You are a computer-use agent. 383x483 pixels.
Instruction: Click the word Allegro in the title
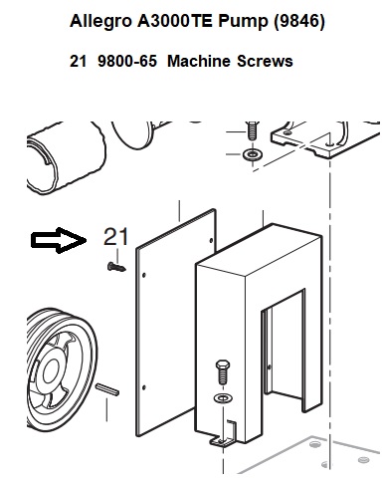pyautogui.click(x=100, y=22)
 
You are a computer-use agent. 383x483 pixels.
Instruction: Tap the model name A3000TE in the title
pyautogui.click(x=175, y=21)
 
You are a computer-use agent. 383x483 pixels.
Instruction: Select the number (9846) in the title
pyautogui.click(x=299, y=22)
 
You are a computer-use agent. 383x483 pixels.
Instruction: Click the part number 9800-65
pyautogui.click(x=127, y=61)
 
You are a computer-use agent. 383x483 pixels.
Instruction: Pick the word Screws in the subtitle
pyautogui.click(x=265, y=61)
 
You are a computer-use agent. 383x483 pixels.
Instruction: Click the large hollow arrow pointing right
pyautogui.click(x=59, y=240)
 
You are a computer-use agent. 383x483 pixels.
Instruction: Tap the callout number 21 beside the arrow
pyautogui.click(x=115, y=237)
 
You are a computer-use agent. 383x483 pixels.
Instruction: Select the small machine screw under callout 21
pyautogui.click(x=116, y=267)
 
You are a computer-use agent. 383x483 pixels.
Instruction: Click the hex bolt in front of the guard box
pyautogui.click(x=223, y=371)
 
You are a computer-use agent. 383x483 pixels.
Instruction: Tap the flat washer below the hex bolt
pyautogui.click(x=223, y=397)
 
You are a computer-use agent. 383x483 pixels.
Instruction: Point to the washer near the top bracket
pyautogui.click(x=253, y=154)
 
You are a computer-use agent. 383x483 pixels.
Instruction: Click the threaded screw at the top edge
pyautogui.click(x=253, y=130)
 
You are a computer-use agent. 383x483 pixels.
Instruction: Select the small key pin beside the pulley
pyautogui.click(x=107, y=389)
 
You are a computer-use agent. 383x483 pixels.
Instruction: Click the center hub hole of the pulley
pyautogui.click(x=51, y=371)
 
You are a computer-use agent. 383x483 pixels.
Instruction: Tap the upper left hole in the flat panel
pyautogui.click(x=144, y=275)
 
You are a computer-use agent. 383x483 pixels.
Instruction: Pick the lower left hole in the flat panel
pyautogui.click(x=144, y=387)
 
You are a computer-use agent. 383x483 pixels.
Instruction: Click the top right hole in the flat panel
pyautogui.click(x=211, y=240)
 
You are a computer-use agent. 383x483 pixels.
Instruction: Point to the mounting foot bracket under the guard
pyautogui.click(x=224, y=433)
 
